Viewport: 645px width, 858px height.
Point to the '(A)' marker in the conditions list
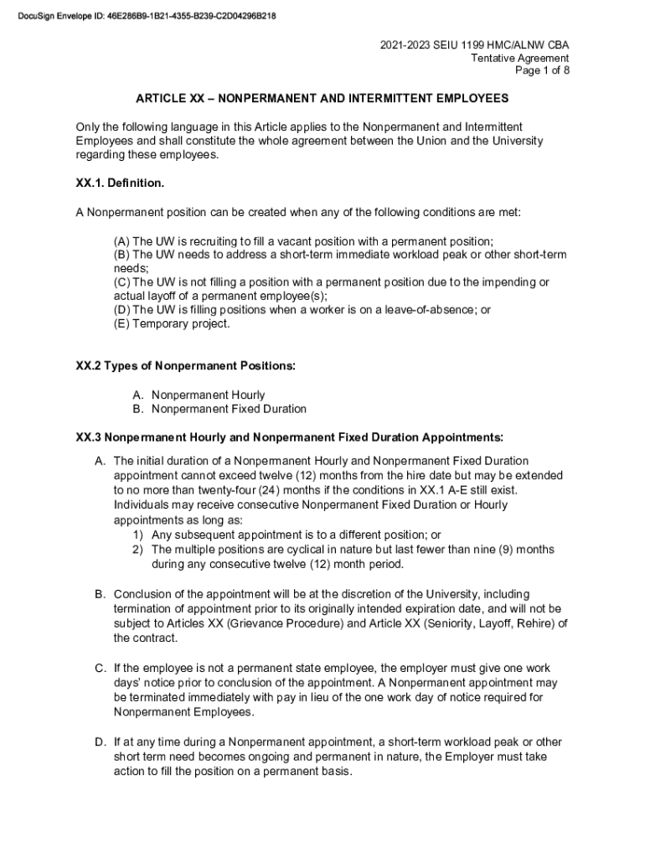pyautogui.click(x=121, y=240)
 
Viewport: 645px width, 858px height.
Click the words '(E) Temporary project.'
pyautogui.click(x=171, y=324)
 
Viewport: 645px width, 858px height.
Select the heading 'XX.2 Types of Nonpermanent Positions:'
pyautogui.click(x=185, y=366)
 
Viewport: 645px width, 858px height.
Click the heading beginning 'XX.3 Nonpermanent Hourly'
pyautogui.click(x=290, y=437)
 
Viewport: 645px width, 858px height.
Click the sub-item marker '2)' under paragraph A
pyautogui.click(x=137, y=550)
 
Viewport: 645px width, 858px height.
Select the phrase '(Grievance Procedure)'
pyautogui.click(x=271, y=623)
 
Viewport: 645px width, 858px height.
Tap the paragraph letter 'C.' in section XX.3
pyautogui.click(x=100, y=668)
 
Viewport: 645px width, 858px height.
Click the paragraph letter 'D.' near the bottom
pyautogui.click(x=100, y=742)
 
